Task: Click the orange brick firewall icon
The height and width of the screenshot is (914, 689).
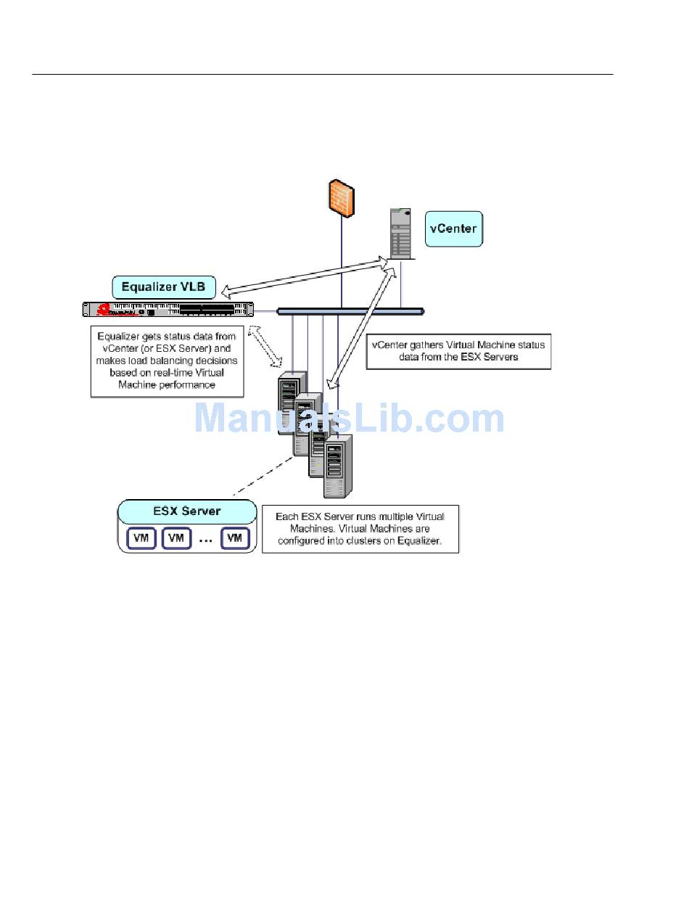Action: tap(341, 196)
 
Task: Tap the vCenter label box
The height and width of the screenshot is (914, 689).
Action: tap(453, 228)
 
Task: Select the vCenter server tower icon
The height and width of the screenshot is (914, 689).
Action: tap(401, 233)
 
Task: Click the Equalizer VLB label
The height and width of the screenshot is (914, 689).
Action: tap(164, 287)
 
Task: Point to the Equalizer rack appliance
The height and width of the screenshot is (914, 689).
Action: tap(168, 310)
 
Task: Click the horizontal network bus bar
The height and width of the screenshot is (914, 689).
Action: tap(350, 311)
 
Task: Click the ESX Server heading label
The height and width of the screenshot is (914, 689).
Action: tap(187, 511)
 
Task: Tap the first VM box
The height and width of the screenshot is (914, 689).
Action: tap(141, 538)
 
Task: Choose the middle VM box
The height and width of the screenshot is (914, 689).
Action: tap(176, 538)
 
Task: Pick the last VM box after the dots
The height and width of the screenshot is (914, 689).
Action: tap(235, 538)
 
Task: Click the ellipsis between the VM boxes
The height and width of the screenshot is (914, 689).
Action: tap(206, 540)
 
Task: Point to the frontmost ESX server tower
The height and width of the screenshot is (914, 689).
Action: tap(338, 466)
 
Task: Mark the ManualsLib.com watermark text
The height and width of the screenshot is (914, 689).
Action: tap(349, 419)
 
